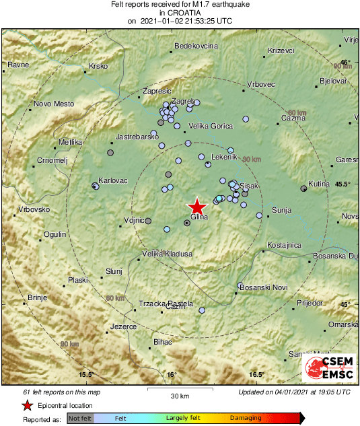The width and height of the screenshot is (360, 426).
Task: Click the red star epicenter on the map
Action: [x=196, y=207]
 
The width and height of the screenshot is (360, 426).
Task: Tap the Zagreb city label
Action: [x=183, y=101]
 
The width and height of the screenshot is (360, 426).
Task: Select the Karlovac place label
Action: [x=112, y=181]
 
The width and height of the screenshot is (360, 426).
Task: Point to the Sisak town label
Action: [x=249, y=186]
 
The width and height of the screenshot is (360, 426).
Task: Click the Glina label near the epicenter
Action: [x=199, y=217]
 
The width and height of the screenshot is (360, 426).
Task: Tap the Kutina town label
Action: [x=319, y=184]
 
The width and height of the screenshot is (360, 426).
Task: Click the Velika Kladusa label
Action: [x=168, y=254]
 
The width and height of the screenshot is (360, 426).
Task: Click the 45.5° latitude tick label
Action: [x=343, y=184]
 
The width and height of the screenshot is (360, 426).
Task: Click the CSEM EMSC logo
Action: [x=328, y=369]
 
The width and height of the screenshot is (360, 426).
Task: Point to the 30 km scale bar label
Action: [x=179, y=395]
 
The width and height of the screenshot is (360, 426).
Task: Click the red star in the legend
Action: [x=27, y=406]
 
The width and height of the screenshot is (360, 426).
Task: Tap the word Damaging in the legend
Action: [x=246, y=419]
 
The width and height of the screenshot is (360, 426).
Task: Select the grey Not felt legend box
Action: [x=80, y=419]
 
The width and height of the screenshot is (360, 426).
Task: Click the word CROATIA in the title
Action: [x=180, y=12]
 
